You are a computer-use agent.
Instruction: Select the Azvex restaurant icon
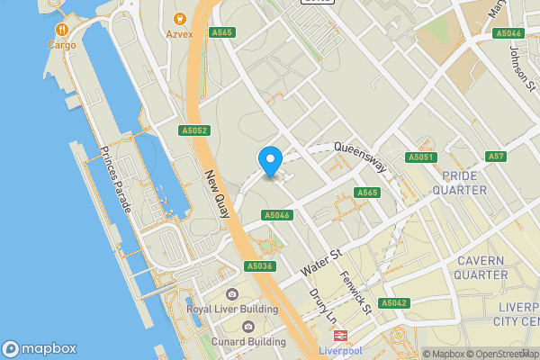(x=179, y=18)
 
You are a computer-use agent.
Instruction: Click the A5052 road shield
(x=194, y=130)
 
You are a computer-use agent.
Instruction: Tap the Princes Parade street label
(x=116, y=179)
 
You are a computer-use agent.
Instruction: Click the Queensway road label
(x=359, y=156)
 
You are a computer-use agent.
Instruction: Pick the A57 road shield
(x=496, y=157)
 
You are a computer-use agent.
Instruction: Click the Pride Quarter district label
(x=459, y=183)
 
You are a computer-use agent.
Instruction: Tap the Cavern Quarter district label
(x=481, y=267)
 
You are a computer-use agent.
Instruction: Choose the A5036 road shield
(x=259, y=266)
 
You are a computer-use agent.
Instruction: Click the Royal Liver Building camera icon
(x=232, y=294)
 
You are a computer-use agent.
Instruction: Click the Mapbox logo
(x=40, y=348)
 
